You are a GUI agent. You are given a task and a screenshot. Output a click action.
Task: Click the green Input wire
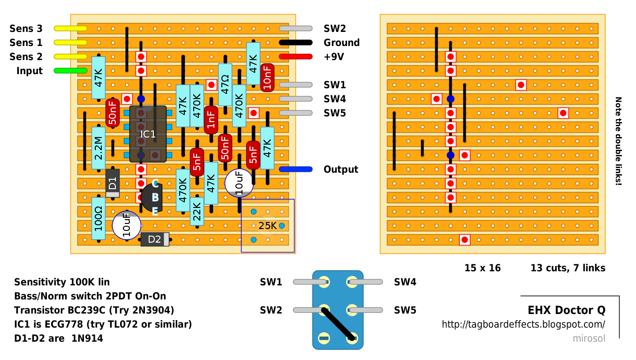click(70, 71)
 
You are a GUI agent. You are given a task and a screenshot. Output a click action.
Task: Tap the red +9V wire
click(295, 56)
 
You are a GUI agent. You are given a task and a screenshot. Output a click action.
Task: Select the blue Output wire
click(295, 169)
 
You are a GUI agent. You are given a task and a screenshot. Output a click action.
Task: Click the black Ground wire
click(295, 43)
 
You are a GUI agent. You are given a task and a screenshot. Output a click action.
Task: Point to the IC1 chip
click(148, 134)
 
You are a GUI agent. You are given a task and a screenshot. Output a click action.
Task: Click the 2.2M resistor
click(98, 148)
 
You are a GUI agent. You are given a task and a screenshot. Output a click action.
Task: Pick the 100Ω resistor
click(98, 219)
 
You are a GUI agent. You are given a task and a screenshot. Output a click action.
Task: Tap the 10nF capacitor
click(267, 77)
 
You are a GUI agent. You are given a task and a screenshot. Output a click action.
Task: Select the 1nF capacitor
click(211, 120)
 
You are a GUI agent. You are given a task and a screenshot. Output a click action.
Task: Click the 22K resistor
click(197, 211)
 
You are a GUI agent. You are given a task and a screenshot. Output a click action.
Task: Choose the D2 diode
click(155, 239)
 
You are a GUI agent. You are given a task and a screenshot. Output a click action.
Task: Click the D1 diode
click(113, 183)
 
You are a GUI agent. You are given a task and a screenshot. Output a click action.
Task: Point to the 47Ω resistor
click(225, 84)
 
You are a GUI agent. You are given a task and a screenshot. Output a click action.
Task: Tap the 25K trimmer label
click(267, 226)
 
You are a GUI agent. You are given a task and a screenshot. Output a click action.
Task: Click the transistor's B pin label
click(155, 198)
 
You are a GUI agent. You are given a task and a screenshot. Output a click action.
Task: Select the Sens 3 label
click(26, 29)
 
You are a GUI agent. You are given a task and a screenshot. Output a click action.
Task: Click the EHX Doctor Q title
click(567, 310)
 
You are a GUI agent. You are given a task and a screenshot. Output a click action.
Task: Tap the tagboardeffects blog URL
click(523, 324)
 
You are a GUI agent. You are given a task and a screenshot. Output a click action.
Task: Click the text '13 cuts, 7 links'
click(568, 268)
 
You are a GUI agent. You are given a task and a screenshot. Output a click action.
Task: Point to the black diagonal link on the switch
click(338, 324)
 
